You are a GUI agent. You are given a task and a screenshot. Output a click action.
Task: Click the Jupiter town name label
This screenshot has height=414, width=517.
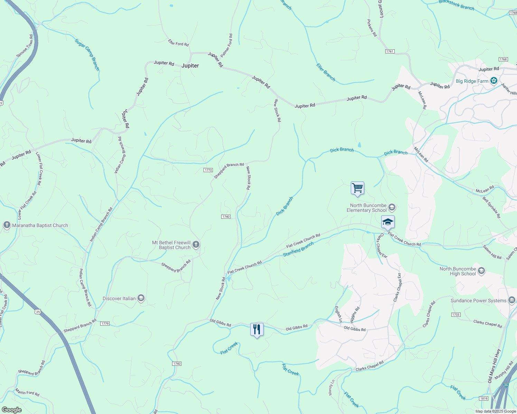[x=190, y=66]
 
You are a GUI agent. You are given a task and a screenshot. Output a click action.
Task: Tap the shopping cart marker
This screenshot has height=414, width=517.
[x=357, y=188]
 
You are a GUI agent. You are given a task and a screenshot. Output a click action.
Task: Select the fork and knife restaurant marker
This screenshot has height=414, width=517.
[x=257, y=329]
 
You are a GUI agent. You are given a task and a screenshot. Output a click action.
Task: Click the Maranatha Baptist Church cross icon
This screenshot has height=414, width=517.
[x=7, y=225]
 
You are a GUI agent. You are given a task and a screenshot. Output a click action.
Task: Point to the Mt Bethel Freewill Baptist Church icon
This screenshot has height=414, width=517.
[x=196, y=245]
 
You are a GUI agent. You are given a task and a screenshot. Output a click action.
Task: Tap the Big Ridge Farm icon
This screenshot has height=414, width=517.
[x=494, y=81]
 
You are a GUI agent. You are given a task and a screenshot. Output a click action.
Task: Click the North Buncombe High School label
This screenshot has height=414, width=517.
[x=458, y=271]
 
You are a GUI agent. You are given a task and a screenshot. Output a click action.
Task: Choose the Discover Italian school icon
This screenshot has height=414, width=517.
[x=141, y=298]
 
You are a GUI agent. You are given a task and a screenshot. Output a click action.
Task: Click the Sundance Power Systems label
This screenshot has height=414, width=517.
[x=478, y=300]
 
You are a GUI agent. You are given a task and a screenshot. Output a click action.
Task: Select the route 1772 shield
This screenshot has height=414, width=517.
[x=208, y=170]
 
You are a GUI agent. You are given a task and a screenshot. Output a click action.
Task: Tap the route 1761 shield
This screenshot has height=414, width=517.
[x=389, y=51]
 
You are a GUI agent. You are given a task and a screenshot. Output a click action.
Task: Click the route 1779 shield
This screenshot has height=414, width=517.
[x=105, y=324]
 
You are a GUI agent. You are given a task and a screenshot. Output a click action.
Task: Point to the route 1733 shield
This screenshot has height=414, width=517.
[x=456, y=315]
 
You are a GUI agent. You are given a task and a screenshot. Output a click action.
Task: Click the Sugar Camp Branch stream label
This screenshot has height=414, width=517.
[x=87, y=55]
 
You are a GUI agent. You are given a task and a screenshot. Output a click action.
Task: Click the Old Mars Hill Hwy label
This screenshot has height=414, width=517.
[x=494, y=366]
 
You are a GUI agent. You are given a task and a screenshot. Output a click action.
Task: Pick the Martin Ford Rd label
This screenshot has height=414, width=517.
[x=27, y=392]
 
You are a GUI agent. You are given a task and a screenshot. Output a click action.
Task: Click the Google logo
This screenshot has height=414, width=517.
[x=11, y=410]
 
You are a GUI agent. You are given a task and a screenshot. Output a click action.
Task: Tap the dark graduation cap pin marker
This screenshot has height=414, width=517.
[x=388, y=222]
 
